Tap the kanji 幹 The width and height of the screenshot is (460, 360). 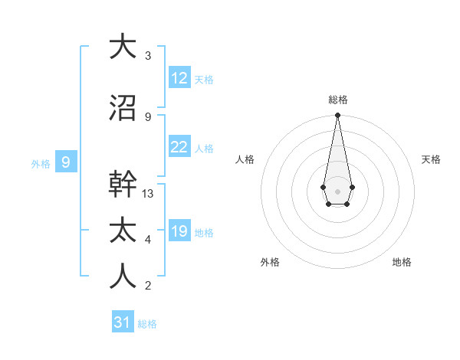123,185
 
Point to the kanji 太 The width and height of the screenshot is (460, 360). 123,231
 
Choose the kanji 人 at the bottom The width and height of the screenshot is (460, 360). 123,277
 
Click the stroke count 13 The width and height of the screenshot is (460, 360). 148,194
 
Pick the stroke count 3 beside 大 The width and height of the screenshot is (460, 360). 148,56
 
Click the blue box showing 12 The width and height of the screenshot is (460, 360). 179,77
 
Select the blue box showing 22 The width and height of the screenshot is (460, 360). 179,147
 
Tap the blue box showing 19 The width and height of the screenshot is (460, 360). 179,231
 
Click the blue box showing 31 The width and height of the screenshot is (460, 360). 123,322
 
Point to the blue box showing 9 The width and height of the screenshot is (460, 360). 66,162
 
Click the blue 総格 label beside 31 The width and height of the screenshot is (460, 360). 147,324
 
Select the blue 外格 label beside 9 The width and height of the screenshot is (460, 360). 41,163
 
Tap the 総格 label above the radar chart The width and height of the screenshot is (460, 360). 337,100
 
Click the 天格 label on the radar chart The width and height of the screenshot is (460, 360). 431,159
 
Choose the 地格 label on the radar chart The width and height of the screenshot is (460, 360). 402,262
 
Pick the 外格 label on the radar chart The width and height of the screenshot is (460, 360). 270,262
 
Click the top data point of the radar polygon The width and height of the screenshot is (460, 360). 337,116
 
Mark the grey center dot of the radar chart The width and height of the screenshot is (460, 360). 337,190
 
